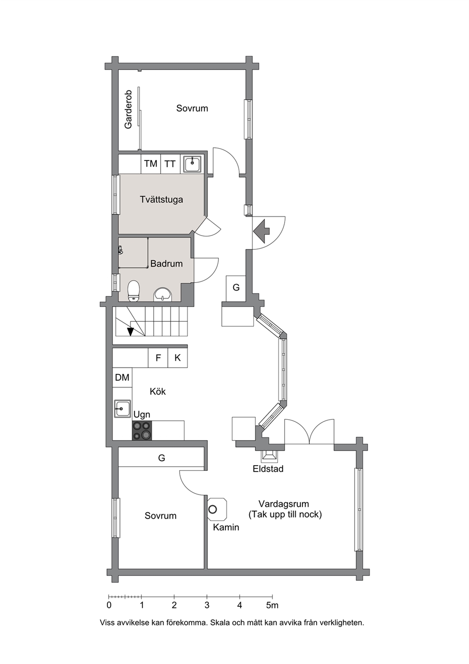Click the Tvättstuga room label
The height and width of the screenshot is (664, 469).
(161, 200)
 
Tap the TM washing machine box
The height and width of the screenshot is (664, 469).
(151, 164)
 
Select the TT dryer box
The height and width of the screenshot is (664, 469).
(170, 164)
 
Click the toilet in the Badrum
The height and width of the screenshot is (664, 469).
(133, 291)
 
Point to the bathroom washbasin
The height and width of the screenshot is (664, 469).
(162, 295)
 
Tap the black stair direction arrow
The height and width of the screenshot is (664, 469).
(130, 331)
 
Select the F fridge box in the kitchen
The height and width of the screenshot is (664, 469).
(158, 358)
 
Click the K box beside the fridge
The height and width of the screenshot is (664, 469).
(178, 358)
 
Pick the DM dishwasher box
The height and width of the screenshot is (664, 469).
(122, 377)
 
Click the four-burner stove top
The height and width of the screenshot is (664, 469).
(142, 430)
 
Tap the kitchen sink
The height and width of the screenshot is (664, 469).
(122, 409)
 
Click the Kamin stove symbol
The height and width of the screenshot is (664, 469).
(217, 509)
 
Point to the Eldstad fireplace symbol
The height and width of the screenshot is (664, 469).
(269, 457)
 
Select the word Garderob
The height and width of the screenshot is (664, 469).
(129, 109)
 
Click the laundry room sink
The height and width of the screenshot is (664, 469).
(192, 164)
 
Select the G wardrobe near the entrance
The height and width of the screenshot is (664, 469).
(236, 288)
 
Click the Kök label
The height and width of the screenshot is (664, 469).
(157, 391)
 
